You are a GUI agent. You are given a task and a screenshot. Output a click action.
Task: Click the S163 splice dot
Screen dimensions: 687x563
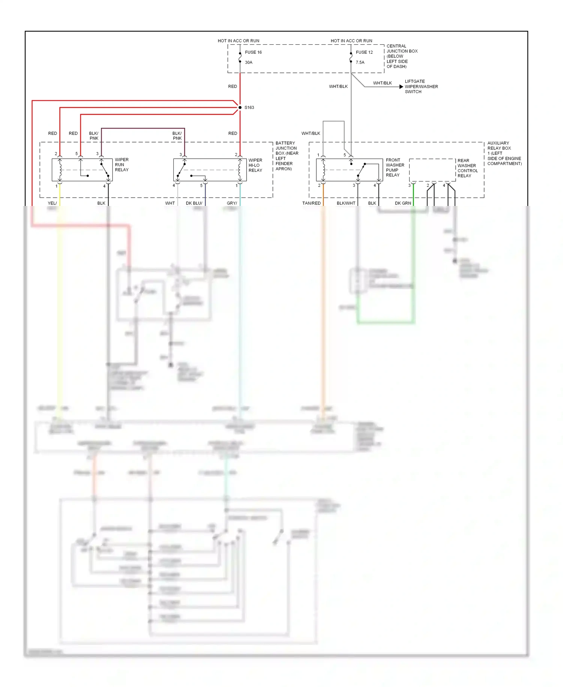pos(240,107)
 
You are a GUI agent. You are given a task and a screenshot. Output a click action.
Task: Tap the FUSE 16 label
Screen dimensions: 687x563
pos(253,52)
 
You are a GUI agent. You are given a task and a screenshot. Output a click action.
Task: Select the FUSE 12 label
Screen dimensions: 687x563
pos(364,52)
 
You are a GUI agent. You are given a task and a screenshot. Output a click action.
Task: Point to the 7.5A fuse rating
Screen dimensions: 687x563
pos(360,62)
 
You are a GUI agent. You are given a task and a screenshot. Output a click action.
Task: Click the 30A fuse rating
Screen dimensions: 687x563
pos(248,62)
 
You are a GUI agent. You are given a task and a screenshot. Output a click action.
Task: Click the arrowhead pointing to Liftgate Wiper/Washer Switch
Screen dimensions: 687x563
pos(401,87)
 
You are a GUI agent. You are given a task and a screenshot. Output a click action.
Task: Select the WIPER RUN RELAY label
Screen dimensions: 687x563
pos(122,165)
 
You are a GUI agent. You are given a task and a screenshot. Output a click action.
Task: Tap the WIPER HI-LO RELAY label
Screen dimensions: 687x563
pos(255,165)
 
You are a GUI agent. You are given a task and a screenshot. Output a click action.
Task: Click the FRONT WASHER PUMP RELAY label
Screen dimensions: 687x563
pos(395,167)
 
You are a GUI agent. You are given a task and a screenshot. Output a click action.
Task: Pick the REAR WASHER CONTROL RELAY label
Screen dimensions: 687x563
pos(467,168)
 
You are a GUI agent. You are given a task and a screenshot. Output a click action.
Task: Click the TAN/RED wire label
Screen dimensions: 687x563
pos(311,203)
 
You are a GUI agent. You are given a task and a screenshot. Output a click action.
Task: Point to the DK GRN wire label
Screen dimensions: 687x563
pos(403,203)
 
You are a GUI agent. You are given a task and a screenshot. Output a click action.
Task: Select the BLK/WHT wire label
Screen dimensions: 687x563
pos(346,203)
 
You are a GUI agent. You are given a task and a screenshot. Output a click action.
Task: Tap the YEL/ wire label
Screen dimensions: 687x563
pos(52,203)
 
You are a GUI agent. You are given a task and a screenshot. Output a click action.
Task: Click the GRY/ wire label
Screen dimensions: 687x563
pos(232,203)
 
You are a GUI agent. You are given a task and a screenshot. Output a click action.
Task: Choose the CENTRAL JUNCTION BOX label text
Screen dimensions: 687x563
pos(402,56)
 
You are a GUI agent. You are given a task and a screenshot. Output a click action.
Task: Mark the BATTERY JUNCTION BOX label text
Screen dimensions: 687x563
pos(287,156)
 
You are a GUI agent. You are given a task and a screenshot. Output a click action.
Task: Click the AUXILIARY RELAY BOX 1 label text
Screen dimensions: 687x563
pos(504,153)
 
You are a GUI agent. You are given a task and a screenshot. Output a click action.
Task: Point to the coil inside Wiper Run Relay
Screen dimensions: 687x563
pos(60,170)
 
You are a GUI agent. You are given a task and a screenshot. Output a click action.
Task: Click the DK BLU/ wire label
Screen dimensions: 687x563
pos(194,203)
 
